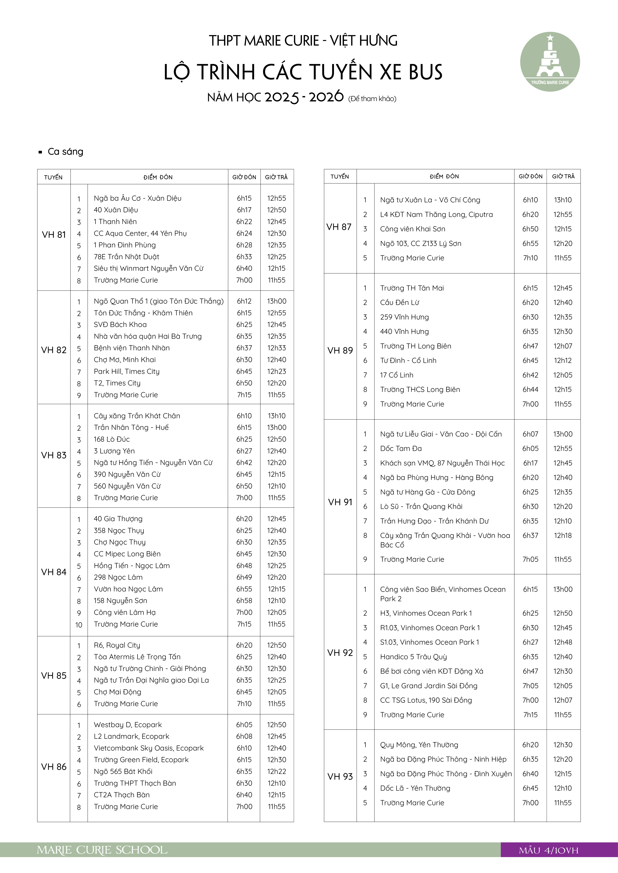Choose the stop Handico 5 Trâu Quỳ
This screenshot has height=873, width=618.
pyautogui.click(x=413, y=657)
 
